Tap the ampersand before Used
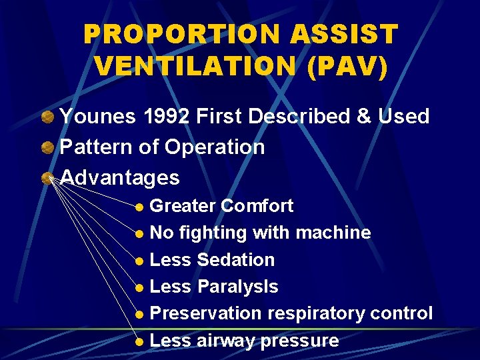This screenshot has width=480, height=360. point(364,117)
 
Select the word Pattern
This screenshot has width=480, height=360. point(97,147)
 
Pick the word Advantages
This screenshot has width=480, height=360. point(120,178)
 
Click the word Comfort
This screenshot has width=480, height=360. point(257,206)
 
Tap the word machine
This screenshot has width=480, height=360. point(333,233)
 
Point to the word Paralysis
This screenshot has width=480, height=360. point(238,287)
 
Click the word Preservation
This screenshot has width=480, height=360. point(206,313)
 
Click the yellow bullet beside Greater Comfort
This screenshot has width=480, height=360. point(139,207)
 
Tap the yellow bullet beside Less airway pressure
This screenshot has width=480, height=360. point(139,341)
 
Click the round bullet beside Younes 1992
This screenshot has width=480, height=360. point(48,117)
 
